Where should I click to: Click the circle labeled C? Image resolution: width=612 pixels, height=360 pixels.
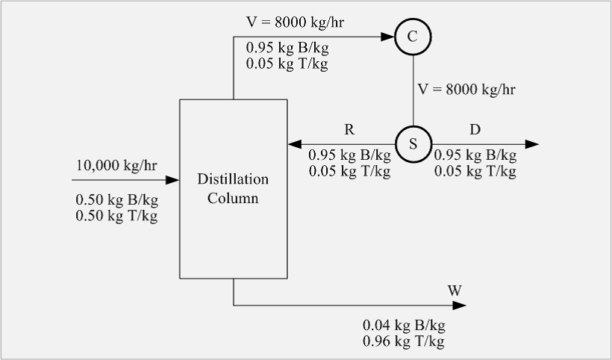coord(413,37)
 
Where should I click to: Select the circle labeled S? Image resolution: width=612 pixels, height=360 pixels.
coord(413,143)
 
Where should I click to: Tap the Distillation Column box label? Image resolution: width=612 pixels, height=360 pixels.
coord(233,189)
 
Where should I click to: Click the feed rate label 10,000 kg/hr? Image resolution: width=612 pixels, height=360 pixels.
coord(116,165)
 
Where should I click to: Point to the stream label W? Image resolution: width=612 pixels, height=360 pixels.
coord(455,290)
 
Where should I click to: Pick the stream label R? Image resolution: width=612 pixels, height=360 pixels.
coord(349,129)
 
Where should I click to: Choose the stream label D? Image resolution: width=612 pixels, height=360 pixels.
coord(475,129)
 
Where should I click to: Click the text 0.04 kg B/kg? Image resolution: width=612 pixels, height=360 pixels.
coord(404,326)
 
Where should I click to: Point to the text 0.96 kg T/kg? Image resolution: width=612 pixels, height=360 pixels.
coord(404,341)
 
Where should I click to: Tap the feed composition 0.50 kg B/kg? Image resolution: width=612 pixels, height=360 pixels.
coord(116,201)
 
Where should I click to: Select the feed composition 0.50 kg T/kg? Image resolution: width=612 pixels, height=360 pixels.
coord(116,216)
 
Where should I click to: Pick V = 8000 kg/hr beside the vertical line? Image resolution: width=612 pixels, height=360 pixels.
coord(466,89)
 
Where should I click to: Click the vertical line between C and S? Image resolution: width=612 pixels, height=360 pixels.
coord(413,90)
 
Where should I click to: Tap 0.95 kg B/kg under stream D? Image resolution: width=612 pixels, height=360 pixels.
coord(475,156)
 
